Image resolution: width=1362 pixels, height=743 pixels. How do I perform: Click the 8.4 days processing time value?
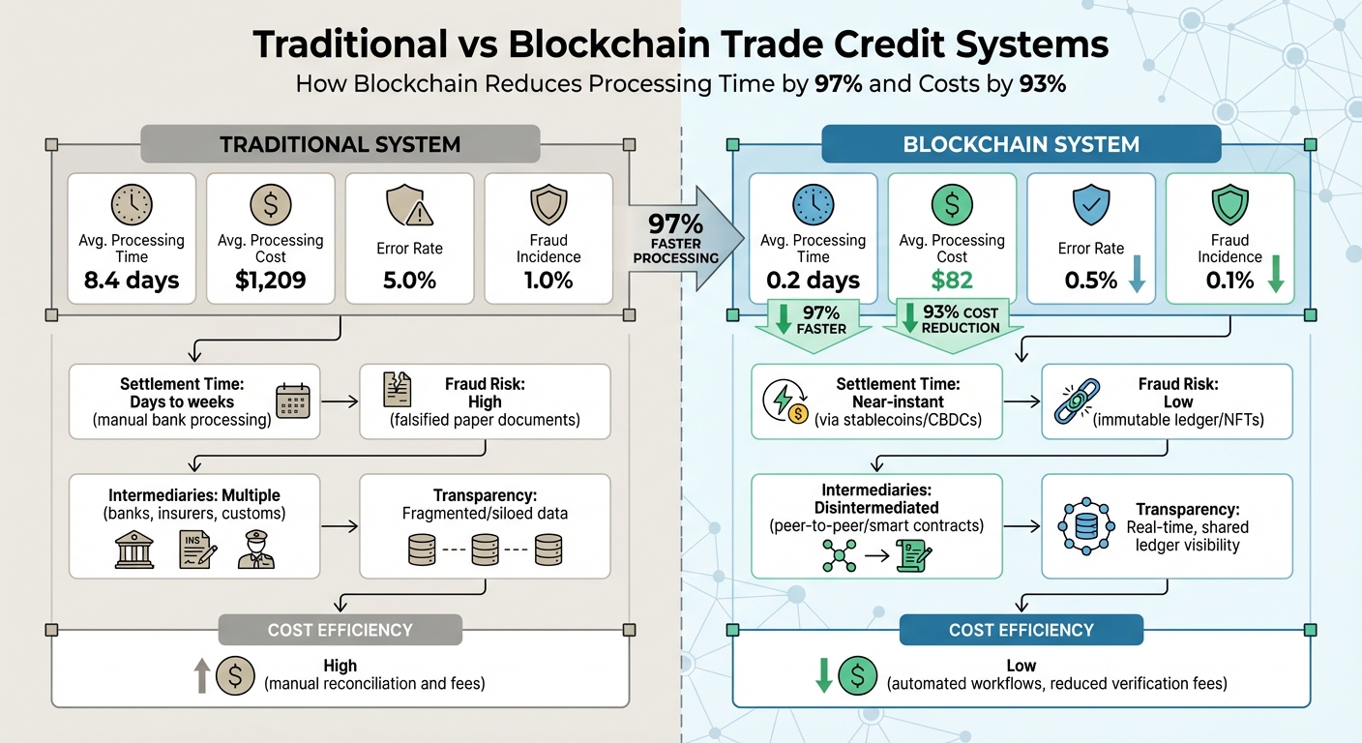pyautogui.click(x=132, y=281)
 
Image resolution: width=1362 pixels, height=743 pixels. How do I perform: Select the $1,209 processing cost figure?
pyautogui.click(x=271, y=281)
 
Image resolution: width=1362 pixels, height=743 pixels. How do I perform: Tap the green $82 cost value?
pyautogui.click(x=952, y=281)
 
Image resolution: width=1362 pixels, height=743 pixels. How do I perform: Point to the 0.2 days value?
pyautogui.click(x=813, y=281)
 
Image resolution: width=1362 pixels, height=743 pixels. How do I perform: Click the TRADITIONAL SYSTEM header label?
pyautogui.click(x=340, y=145)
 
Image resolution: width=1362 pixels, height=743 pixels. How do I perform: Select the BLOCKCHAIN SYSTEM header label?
pyautogui.click(x=1021, y=145)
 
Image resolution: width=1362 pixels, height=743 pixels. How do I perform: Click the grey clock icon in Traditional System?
pyautogui.click(x=132, y=205)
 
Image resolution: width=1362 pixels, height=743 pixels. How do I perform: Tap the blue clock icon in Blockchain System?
pyautogui.click(x=813, y=205)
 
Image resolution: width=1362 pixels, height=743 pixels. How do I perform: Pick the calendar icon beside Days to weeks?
pyautogui.click(x=292, y=401)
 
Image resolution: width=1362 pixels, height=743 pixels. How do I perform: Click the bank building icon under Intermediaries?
pyautogui.click(x=133, y=550)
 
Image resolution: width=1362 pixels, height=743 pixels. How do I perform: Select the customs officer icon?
pyautogui.click(x=256, y=550)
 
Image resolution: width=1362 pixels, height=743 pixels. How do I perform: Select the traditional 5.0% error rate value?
pyautogui.click(x=410, y=281)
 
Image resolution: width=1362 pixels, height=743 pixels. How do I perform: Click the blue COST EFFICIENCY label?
pyautogui.click(x=1021, y=630)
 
